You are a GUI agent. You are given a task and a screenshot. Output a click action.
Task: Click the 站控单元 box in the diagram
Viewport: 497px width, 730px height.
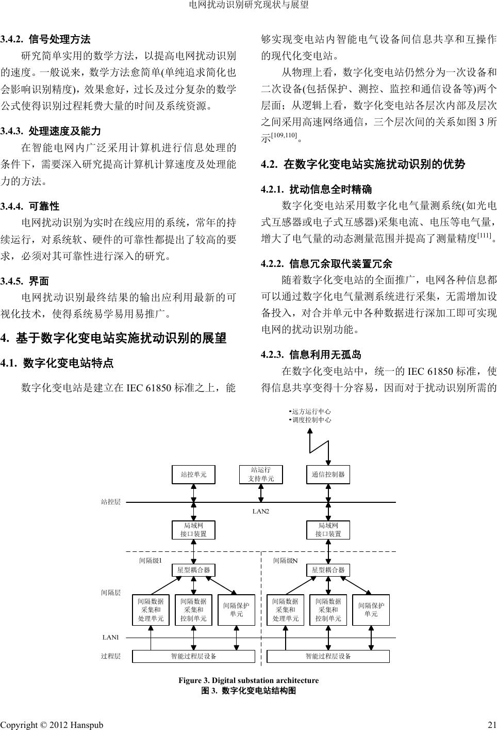click(193, 474)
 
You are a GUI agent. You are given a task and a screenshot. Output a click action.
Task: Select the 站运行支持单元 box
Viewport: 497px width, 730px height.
click(261, 474)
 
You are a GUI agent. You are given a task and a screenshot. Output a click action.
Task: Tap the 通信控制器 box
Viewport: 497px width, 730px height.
click(328, 474)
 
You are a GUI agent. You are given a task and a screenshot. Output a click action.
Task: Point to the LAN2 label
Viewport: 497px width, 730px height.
click(261, 511)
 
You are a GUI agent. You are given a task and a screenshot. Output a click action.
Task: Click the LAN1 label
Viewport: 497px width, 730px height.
click(111, 638)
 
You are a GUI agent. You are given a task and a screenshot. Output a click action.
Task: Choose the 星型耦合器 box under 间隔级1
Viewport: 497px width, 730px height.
click(193, 570)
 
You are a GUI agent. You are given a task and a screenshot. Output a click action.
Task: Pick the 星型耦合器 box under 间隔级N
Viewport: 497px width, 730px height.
click(328, 570)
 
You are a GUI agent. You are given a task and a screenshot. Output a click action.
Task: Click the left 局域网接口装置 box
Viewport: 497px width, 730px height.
click(193, 530)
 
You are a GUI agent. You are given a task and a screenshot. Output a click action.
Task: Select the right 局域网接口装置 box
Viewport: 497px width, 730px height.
click(328, 530)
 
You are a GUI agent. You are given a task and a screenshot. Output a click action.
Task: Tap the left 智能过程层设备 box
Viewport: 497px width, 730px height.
click(193, 656)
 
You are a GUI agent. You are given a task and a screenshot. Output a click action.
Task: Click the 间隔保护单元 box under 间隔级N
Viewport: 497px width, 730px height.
click(371, 610)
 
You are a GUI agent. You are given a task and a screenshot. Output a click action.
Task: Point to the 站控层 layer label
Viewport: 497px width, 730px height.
click(110, 501)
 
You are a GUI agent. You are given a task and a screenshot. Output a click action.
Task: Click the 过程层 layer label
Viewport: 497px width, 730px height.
click(110, 656)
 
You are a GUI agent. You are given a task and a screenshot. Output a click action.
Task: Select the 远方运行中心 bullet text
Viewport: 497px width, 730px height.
click(310, 411)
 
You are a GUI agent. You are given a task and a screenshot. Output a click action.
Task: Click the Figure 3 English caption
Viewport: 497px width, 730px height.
click(248, 680)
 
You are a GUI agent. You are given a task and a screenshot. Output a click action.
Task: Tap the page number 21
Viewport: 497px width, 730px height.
click(491, 725)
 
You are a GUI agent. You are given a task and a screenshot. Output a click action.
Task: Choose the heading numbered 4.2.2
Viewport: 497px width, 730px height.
click(327, 264)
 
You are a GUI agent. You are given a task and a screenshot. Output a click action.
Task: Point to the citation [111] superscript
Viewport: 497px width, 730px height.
click(483, 235)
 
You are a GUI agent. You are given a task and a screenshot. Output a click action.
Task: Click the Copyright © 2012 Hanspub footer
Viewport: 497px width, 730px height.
click(52, 725)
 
